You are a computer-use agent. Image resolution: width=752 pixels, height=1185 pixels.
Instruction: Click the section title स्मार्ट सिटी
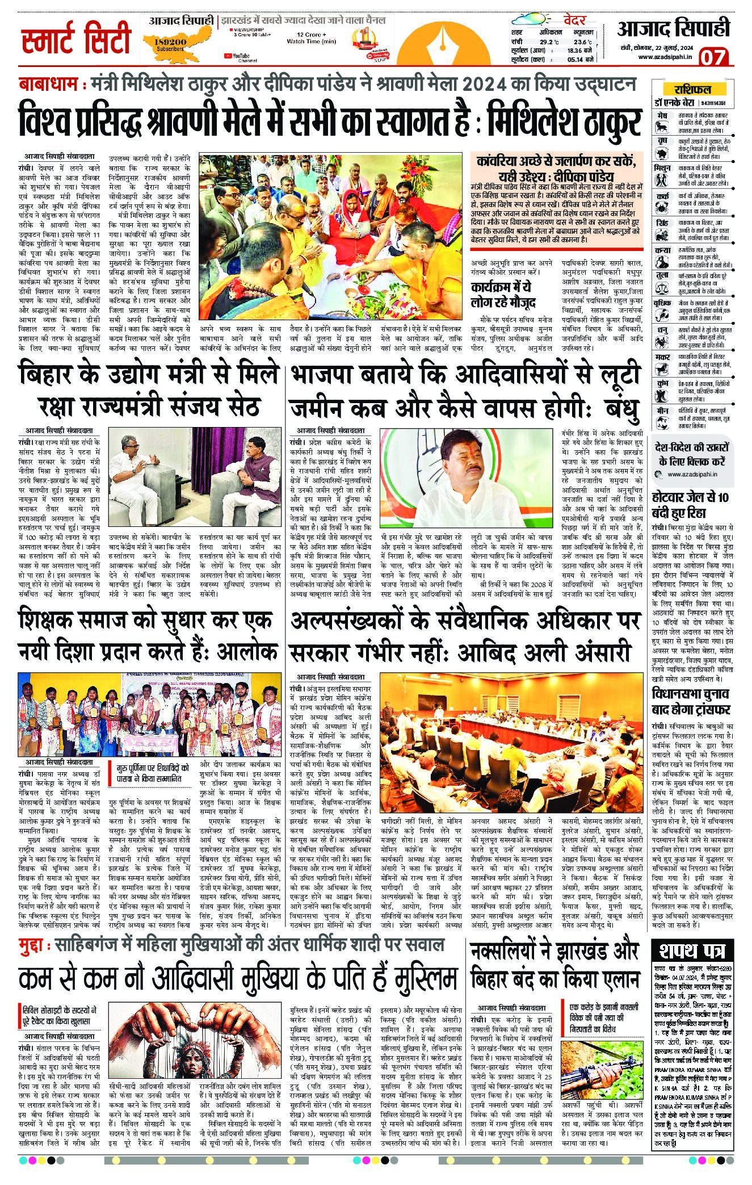[77, 41]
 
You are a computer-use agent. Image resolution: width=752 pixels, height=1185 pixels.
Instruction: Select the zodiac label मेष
[662, 116]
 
